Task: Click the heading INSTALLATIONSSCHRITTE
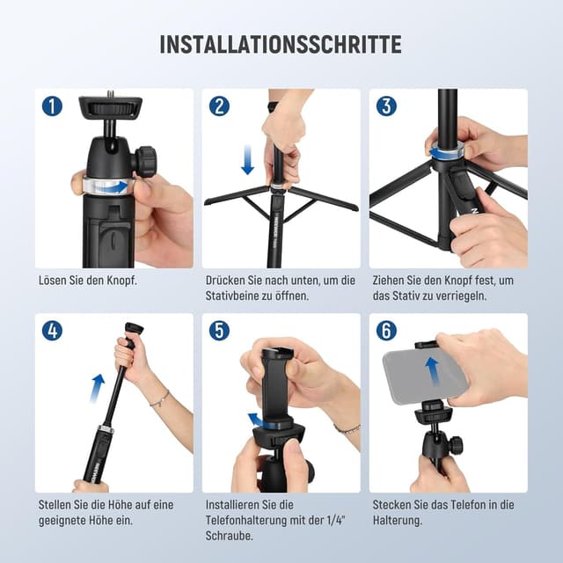coord(281,45)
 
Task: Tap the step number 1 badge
coord(52,106)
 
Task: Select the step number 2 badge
coord(219,106)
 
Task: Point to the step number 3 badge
coord(386,106)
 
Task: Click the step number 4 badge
coord(52,331)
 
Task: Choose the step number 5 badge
coord(219,331)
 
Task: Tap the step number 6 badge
coord(386,331)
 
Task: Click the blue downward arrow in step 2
coord(248,160)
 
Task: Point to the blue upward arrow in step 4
coord(97,388)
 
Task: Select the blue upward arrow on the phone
coord(434,372)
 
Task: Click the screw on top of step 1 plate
coord(109,94)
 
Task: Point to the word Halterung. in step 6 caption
coord(398,520)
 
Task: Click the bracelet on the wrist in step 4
coord(160,398)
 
